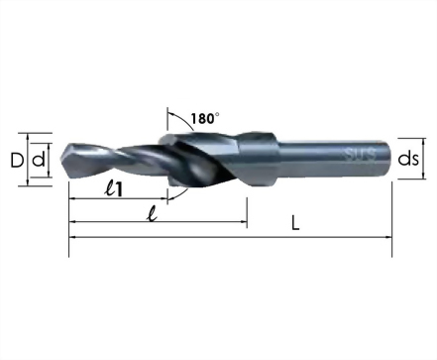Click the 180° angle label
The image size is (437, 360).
[205, 118]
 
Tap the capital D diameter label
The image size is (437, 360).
[17, 161]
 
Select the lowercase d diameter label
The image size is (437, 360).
[38, 160]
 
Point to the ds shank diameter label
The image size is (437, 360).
[408, 159]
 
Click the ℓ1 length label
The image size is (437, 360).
[113, 189]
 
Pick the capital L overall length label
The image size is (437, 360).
[295, 223]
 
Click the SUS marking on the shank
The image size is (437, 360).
[361, 155]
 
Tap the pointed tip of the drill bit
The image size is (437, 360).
[61, 161]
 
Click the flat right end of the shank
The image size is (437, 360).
[391, 159]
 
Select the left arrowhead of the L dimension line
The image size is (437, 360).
[71, 237]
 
